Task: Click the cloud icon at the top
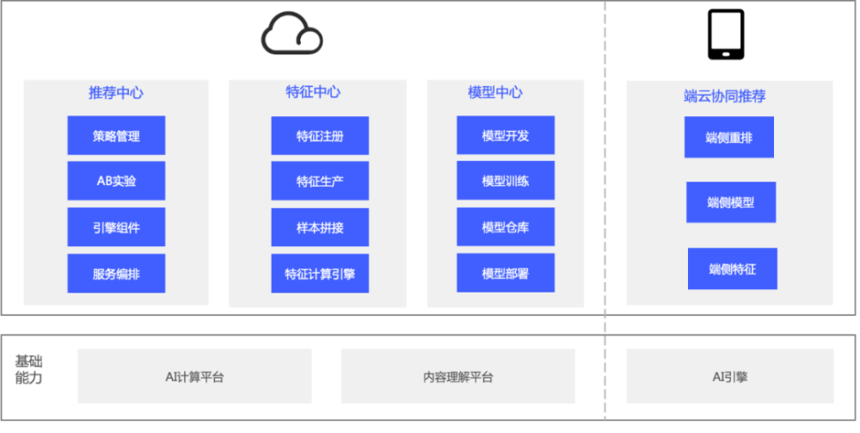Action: [292, 34]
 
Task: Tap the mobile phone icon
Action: [726, 34]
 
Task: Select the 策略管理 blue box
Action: [116, 135]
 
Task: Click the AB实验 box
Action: [116, 181]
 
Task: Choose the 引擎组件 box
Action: [116, 227]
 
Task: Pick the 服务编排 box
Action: [116, 273]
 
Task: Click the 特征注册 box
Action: [320, 135]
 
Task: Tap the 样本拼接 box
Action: [320, 227]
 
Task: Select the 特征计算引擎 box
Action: [320, 273]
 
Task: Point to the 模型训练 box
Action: [506, 181]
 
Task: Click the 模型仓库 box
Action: [506, 226]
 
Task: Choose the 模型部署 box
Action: [506, 273]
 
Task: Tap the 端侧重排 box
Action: [729, 137]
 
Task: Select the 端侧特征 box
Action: [732, 269]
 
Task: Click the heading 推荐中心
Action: [116, 93]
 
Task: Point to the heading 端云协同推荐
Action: [724, 96]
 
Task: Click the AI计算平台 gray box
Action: [194, 376]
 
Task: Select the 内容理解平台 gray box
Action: [458, 376]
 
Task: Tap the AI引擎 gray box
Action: [730, 376]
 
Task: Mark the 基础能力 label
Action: [28, 369]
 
